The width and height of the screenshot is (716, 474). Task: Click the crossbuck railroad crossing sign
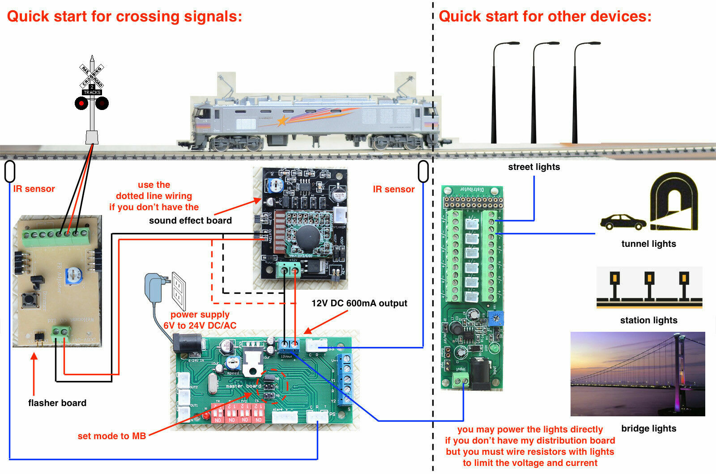coord(92,76)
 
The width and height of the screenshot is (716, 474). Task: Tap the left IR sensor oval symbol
coord(10,172)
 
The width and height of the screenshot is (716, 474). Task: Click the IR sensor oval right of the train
coord(423,172)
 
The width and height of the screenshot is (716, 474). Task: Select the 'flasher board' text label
coord(57,403)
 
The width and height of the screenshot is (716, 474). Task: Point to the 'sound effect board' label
coord(190,220)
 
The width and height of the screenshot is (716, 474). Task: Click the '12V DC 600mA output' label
coord(359,303)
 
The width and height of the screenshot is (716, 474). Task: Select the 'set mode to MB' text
coord(112,436)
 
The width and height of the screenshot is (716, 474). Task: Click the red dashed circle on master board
coord(272,386)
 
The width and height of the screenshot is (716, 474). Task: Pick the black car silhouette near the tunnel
coord(623,222)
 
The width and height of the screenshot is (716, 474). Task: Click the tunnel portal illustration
coord(674,202)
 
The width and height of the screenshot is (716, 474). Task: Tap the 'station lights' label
coord(648,320)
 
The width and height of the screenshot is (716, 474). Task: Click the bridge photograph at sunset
coord(638,374)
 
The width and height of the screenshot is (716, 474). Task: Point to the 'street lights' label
coord(534,167)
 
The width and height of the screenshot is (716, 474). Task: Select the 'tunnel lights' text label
coord(648,244)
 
